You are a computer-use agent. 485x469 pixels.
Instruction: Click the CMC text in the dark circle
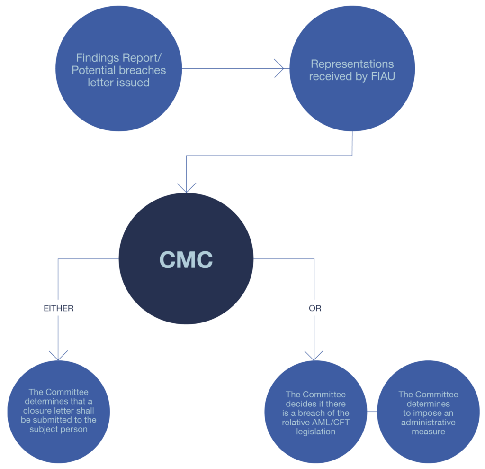coord(186,259)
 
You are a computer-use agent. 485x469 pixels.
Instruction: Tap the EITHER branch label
coord(58,308)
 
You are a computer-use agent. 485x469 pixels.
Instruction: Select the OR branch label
coord(314,308)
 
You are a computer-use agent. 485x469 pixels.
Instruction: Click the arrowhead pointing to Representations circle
coord(280,68)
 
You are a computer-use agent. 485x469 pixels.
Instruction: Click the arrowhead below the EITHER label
coord(58,355)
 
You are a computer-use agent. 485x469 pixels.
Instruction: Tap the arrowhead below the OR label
coord(314,355)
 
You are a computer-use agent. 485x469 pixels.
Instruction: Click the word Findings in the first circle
coord(95,58)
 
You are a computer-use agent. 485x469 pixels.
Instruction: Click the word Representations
coord(352,64)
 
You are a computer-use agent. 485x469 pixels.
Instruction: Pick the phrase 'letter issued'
coord(118,83)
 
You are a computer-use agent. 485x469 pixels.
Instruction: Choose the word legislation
coord(315,432)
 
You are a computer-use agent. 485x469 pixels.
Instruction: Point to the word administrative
coord(428,423)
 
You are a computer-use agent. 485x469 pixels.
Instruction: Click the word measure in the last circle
coord(428,432)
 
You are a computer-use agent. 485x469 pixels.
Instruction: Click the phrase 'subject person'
coord(58,429)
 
